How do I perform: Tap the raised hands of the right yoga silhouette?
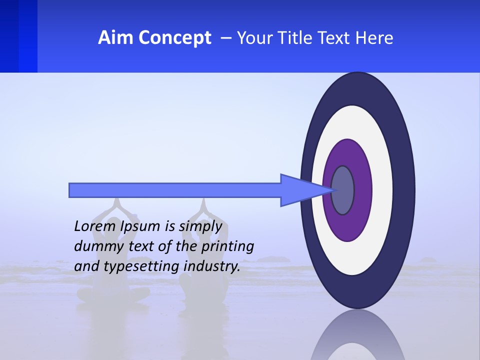203,206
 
